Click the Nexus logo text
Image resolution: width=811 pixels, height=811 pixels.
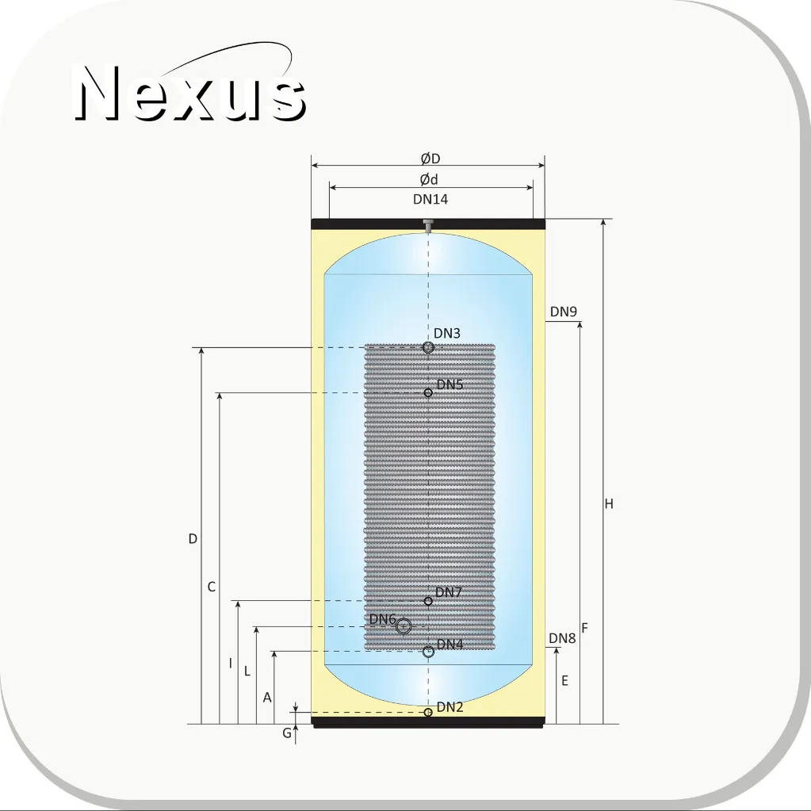pyautogui.click(x=190, y=93)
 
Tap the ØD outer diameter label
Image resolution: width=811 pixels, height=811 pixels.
pyautogui.click(x=430, y=159)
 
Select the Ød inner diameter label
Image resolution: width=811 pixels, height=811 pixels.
pyautogui.click(x=429, y=179)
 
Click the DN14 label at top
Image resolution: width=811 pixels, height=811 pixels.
pyautogui.click(x=430, y=199)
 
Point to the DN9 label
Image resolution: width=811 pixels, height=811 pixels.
pyautogui.click(x=563, y=312)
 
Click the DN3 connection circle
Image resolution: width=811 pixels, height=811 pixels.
pyautogui.click(x=427, y=347)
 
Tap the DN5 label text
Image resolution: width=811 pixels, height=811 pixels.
pyautogui.click(x=450, y=384)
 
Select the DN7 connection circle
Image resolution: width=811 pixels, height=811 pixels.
pyautogui.click(x=428, y=601)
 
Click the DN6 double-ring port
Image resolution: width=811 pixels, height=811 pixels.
pyautogui.click(x=404, y=627)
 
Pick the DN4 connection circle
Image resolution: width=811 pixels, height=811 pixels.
pyautogui.click(x=428, y=652)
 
